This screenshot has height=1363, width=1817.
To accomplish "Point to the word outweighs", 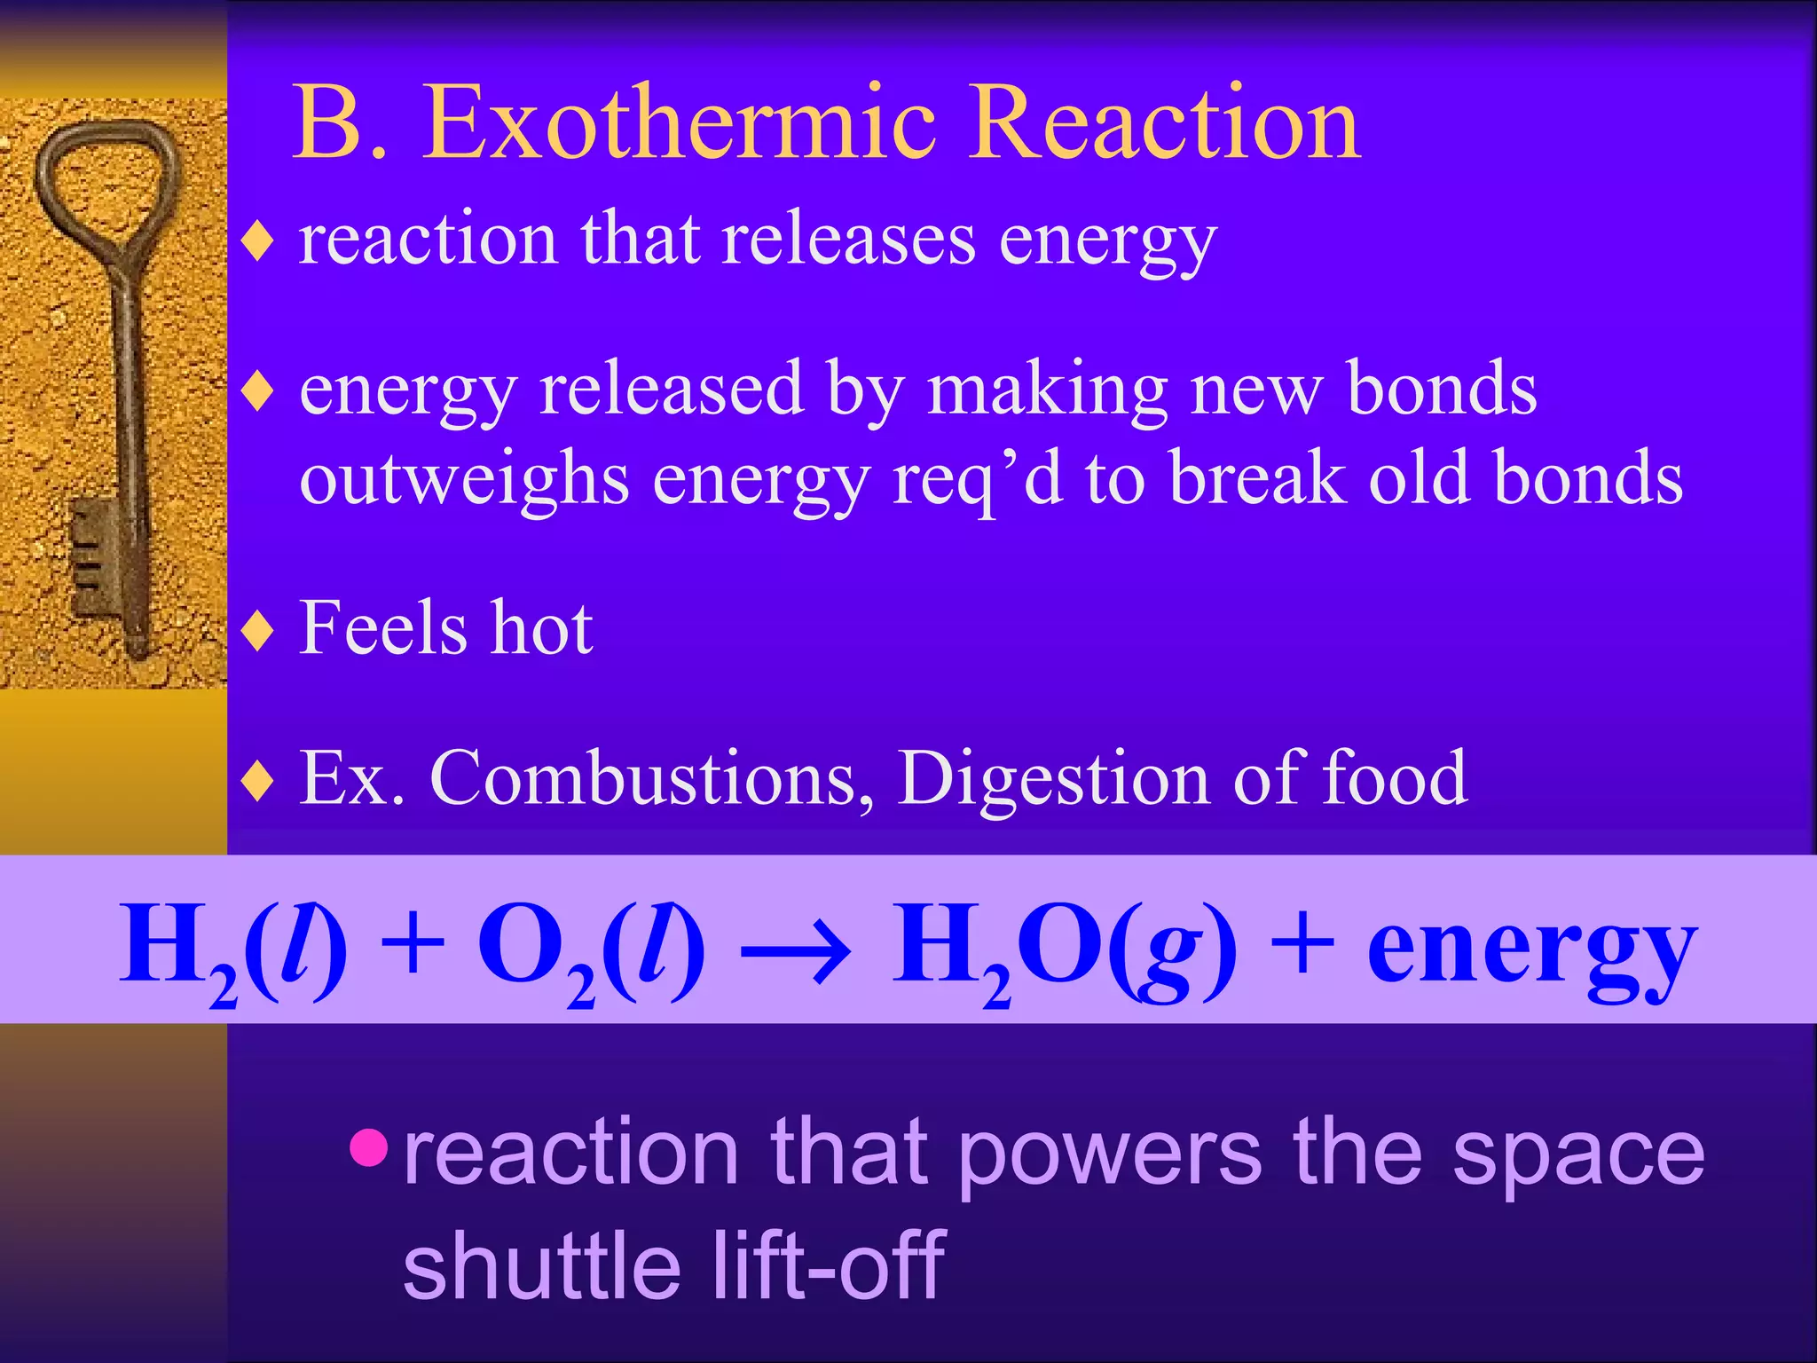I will pos(464,479).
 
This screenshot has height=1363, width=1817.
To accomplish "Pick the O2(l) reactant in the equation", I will pos(591,948).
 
